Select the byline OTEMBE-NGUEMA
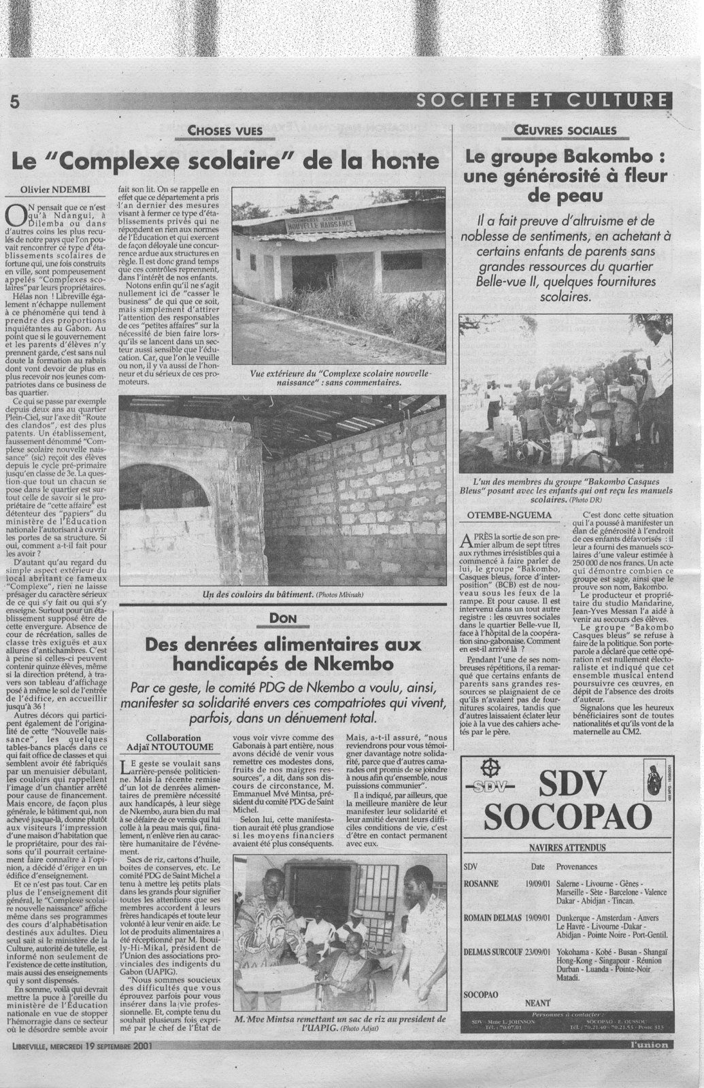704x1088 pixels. pyautogui.click(x=507, y=515)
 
